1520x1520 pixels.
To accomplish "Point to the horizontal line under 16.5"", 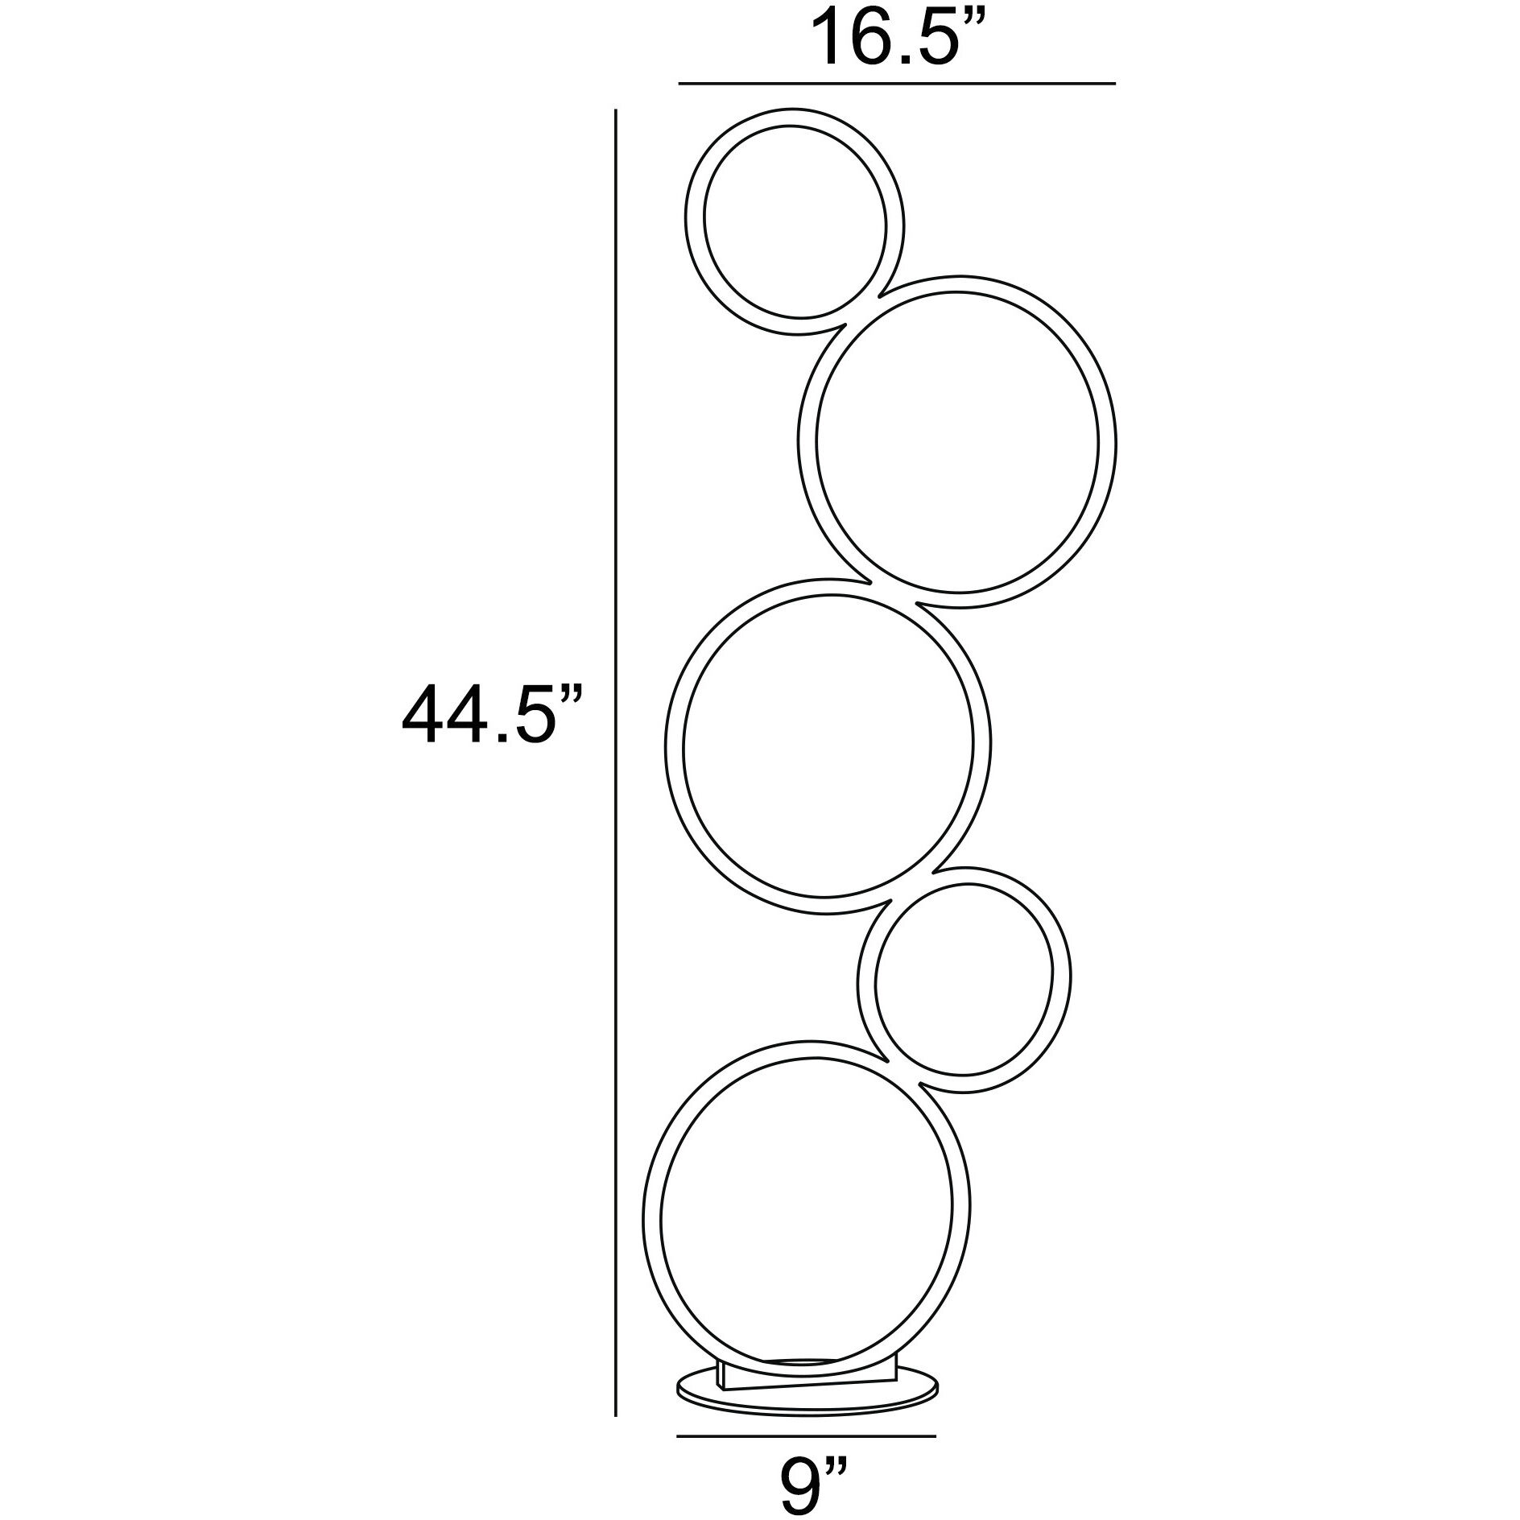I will click(897, 83).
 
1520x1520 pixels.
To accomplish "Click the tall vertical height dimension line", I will click(616, 725).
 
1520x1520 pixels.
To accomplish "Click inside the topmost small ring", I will click(795, 226).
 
